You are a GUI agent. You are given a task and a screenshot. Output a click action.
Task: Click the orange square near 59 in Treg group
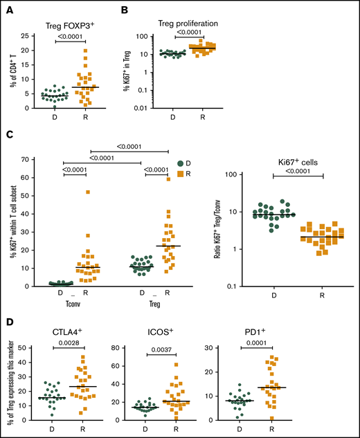pos(168,179)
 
